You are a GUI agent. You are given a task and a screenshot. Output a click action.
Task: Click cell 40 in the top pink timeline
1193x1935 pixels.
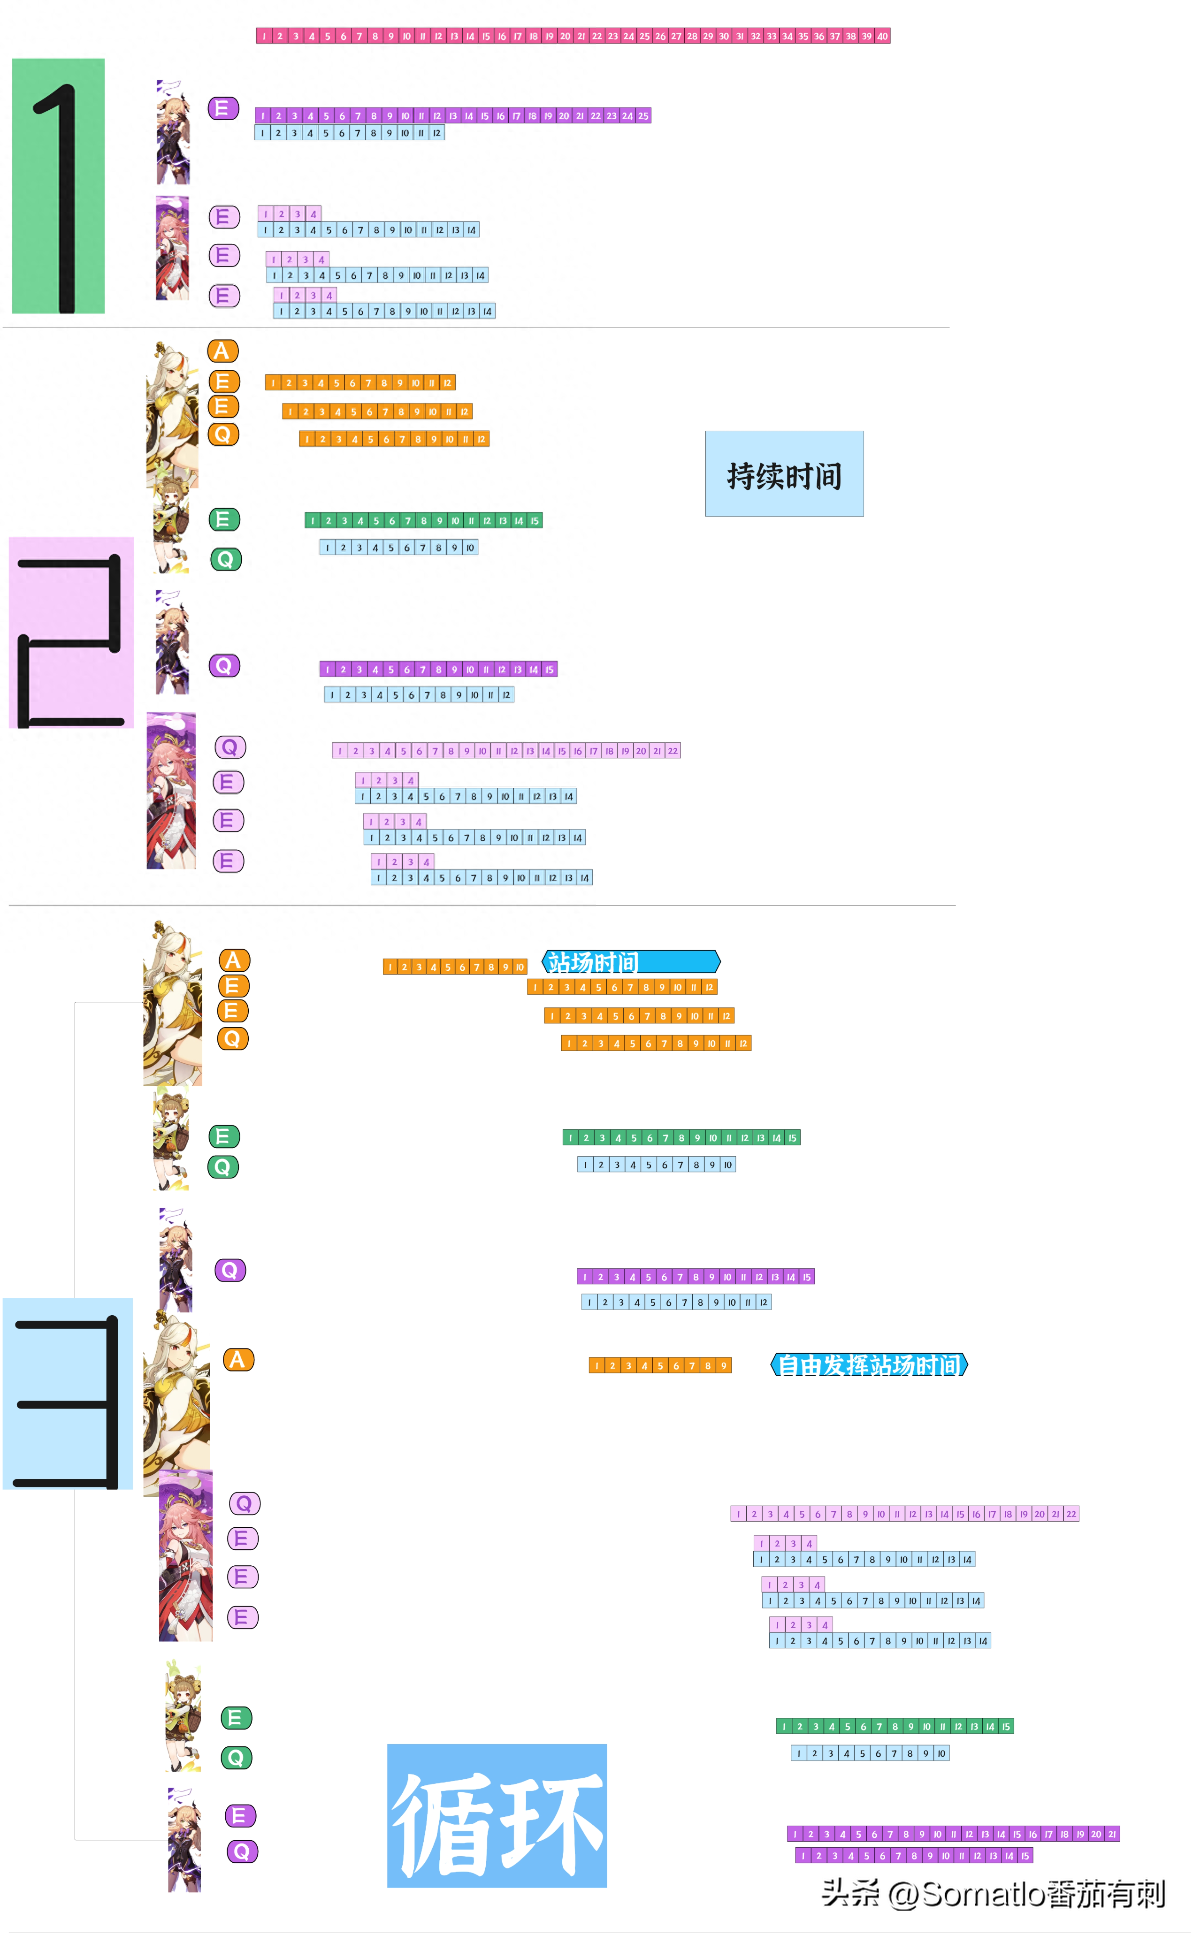tap(882, 36)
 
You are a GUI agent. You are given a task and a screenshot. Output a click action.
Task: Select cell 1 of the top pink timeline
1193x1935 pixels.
tap(264, 36)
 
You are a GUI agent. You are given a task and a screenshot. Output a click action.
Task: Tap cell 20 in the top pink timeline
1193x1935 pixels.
tap(565, 36)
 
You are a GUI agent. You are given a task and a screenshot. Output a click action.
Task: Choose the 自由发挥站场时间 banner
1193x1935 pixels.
tap(869, 1364)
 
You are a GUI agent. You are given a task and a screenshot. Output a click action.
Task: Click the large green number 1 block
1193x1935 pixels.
tap(58, 186)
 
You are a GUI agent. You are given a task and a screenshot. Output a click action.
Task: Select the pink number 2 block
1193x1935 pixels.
tap(71, 632)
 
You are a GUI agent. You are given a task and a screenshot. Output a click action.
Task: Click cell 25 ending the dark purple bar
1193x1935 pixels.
tap(643, 116)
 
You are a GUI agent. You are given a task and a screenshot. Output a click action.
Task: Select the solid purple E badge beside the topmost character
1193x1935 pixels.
tap(223, 108)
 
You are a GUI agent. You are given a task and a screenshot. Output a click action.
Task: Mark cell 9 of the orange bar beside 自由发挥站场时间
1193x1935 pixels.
tap(724, 1365)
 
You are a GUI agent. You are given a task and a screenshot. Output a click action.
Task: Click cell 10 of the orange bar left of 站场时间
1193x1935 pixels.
tap(519, 967)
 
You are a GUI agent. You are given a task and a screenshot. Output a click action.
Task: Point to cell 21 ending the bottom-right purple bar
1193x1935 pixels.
tap(1112, 1834)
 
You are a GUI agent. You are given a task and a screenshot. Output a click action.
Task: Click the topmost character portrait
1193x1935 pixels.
tap(173, 132)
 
